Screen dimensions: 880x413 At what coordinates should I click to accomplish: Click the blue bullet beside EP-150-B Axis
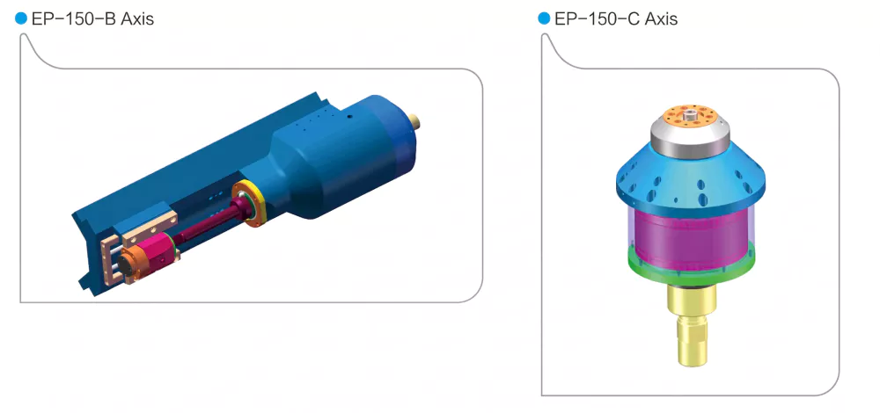[x=21, y=18]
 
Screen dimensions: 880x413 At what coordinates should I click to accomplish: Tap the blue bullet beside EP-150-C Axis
[x=544, y=18]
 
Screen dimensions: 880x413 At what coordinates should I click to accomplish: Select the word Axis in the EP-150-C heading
[x=661, y=19]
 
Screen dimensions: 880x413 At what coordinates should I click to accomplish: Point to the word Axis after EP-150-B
[x=137, y=19]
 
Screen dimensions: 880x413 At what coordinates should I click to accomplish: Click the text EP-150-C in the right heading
[x=597, y=19]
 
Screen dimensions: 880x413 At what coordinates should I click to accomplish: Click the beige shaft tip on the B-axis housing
[x=415, y=120]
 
